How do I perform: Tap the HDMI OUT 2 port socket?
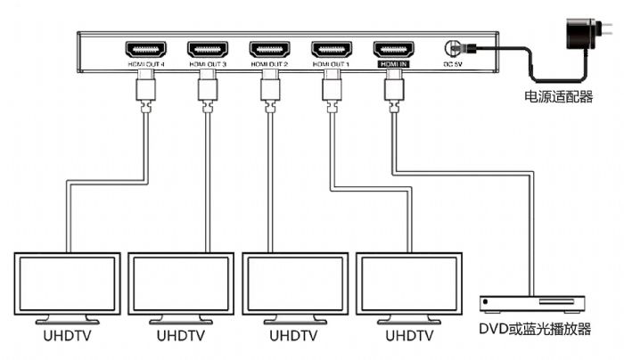click(268, 49)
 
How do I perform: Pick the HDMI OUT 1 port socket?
click(331, 49)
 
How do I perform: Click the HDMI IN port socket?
click(393, 49)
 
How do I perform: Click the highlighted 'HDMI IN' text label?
click(392, 64)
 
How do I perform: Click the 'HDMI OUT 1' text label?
click(331, 64)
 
